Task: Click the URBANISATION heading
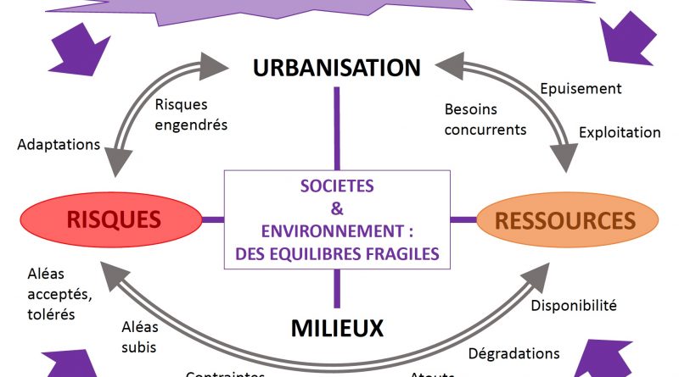click(x=337, y=68)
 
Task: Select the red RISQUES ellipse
click(x=114, y=220)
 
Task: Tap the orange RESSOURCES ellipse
click(x=564, y=220)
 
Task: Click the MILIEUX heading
click(x=338, y=327)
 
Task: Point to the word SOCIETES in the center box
click(x=337, y=184)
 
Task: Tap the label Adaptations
click(x=58, y=144)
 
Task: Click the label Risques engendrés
click(x=191, y=114)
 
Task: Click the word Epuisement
click(x=581, y=88)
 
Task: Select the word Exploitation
click(x=619, y=132)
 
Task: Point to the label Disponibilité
click(x=573, y=305)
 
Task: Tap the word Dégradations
click(x=514, y=352)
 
